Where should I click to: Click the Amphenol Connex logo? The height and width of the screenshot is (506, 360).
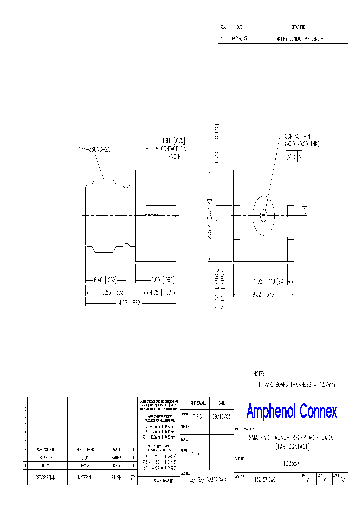tap(292, 411)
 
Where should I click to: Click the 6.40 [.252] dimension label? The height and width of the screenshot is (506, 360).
tap(104, 280)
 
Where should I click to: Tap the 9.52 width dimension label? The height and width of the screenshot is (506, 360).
tap(264, 294)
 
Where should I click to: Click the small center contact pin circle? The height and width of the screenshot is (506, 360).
tap(264, 215)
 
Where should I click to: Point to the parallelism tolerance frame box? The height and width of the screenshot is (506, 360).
tap(294, 157)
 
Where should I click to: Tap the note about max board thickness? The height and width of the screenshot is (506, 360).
tap(297, 384)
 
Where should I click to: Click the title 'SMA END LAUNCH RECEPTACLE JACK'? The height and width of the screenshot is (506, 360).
tap(291, 438)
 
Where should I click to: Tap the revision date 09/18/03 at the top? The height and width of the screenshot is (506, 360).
tap(238, 38)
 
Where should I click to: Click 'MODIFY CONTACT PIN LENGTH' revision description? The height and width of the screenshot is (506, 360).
tap(300, 38)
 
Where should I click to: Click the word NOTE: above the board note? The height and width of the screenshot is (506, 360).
tap(259, 374)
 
